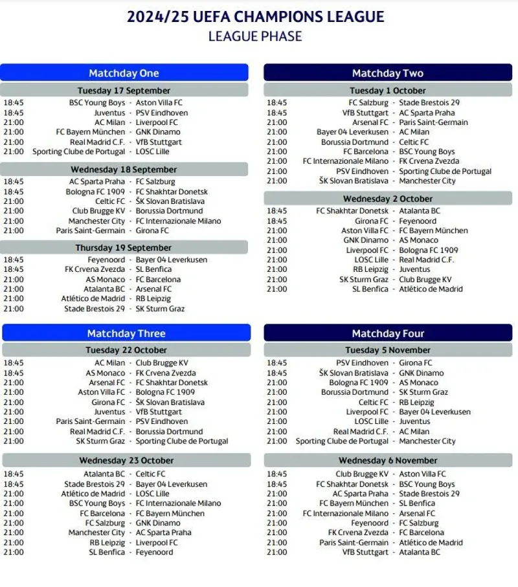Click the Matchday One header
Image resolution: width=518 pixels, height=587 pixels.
(124, 73)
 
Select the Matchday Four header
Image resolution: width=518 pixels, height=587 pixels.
(388, 334)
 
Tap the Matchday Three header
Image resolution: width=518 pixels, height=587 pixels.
(126, 334)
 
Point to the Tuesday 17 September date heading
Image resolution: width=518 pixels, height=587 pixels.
(124, 91)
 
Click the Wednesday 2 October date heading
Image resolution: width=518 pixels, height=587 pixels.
(388, 199)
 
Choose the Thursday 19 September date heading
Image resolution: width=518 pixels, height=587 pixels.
(124, 248)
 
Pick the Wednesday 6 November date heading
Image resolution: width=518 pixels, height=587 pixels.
(388, 461)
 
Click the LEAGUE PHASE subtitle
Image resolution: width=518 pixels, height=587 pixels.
(255, 36)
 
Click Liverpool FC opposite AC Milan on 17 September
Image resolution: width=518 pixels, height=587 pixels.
(157, 122)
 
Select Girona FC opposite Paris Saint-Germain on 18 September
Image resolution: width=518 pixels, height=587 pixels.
(152, 230)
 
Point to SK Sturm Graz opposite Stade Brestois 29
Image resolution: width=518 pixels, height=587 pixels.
(160, 309)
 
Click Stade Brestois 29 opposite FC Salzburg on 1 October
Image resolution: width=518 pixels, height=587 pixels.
(429, 102)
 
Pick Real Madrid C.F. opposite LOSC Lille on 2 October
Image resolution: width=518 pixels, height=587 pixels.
(427, 260)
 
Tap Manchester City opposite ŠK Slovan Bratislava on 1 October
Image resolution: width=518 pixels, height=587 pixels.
(427, 181)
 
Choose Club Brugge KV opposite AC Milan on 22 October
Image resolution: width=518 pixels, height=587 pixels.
(162, 363)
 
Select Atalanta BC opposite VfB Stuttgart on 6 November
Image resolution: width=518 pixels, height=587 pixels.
(420, 552)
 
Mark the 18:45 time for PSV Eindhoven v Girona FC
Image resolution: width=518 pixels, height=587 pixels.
(276, 363)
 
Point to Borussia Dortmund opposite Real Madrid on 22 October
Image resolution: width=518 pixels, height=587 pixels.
(169, 432)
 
